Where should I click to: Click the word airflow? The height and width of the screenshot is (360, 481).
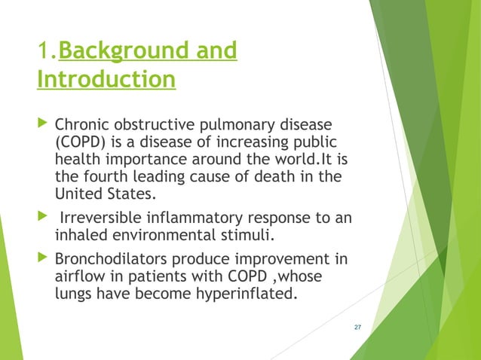[78, 276]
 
